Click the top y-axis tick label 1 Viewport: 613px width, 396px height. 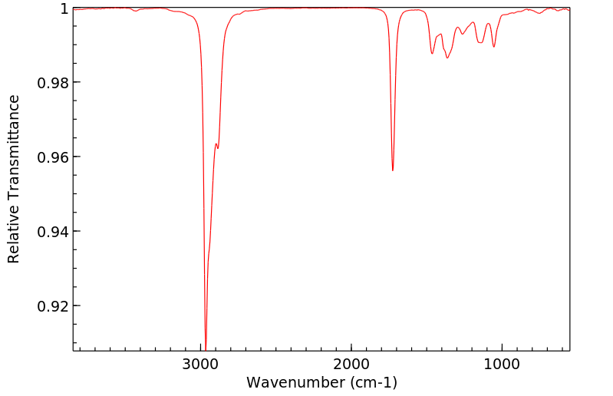coord(64,8)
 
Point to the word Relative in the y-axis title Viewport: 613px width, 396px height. coord(14,119)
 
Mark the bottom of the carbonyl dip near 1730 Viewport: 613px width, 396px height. coord(393,170)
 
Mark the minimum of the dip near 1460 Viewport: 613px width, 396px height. coord(433,54)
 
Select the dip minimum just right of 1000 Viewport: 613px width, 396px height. coord(494,47)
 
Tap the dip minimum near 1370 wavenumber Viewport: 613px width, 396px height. coord(447,58)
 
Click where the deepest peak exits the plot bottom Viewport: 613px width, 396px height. coord(206,349)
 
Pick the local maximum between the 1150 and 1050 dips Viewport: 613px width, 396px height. coord(488,23)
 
